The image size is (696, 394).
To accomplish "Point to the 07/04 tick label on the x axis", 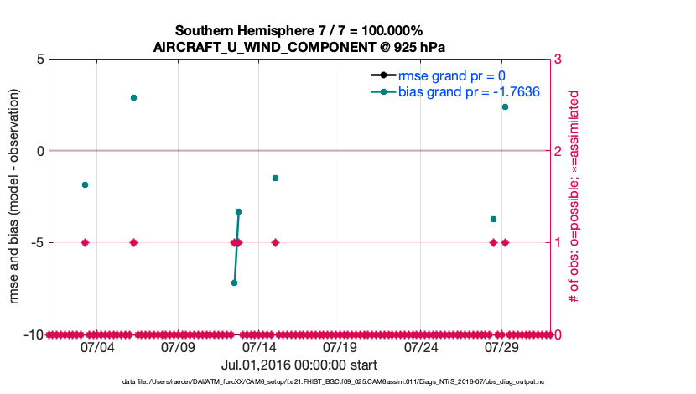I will click(x=96, y=347).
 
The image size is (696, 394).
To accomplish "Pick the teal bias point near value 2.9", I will click(x=133, y=98).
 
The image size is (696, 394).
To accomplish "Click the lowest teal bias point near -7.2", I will click(x=234, y=283).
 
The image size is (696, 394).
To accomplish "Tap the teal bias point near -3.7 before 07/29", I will click(x=493, y=219).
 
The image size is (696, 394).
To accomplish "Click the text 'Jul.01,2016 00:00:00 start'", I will click(x=299, y=365).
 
